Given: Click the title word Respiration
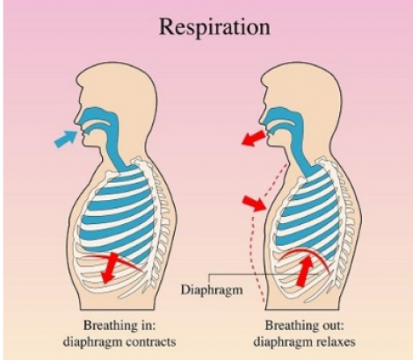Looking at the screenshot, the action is [214, 27].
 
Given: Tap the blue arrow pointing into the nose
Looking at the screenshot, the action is [65, 139].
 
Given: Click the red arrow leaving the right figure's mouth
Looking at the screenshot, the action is [254, 138].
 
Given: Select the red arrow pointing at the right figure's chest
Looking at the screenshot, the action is [254, 204].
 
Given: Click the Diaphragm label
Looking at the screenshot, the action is [212, 290].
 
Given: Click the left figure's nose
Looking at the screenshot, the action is [77, 120].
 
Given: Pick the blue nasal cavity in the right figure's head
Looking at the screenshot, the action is [281, 116].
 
